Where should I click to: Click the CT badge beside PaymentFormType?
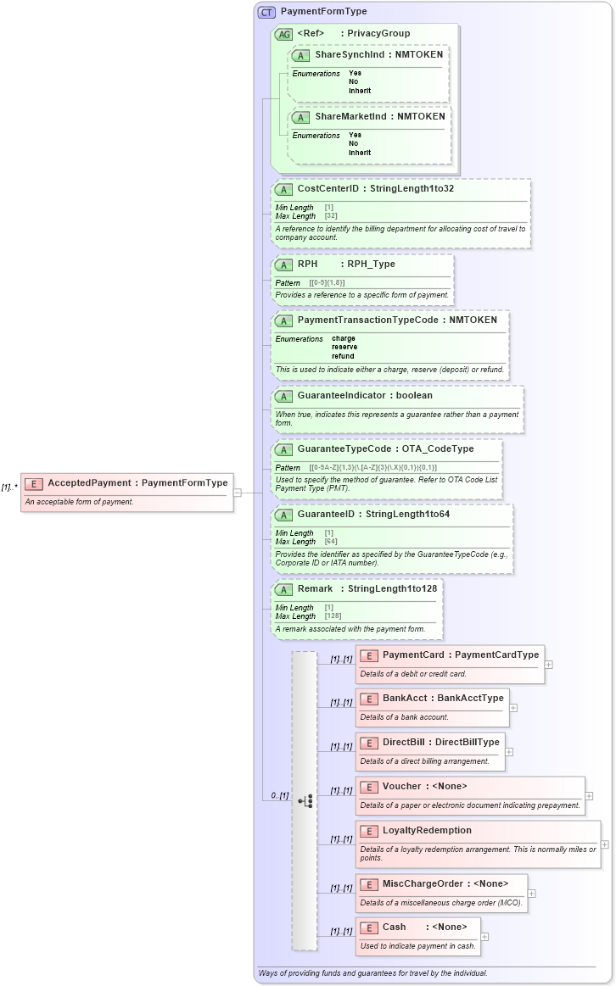(267, 13)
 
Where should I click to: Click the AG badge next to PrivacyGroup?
(283, 34)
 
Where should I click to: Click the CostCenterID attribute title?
(328, 188)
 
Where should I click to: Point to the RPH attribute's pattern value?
(328, 282)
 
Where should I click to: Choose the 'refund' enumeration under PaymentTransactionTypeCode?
(343, 356)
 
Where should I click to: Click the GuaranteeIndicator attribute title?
(340, 396)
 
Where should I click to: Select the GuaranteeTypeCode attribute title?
(344, 448)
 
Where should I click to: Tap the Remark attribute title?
(315, 588)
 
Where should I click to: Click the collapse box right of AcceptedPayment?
(237, 492)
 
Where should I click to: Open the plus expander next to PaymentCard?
(548, 664)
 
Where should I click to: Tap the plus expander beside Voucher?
(589, 796)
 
